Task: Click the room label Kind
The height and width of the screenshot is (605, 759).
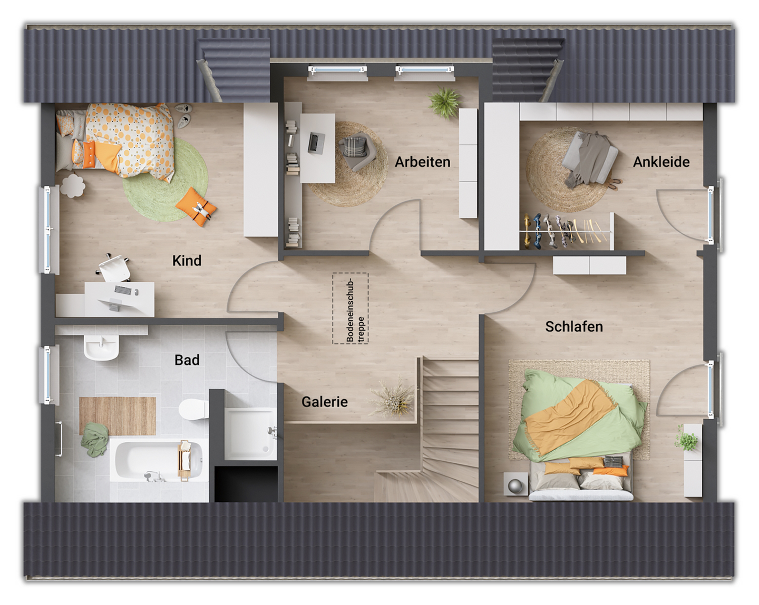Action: pyautogui.click(x=187, y=261)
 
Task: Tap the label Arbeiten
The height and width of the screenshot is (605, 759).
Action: pyautogui.click(x=422, y=162)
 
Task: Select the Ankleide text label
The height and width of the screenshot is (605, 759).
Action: pyautogui.click(x=661, y=162)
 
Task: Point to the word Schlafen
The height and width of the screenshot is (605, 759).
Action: pyautogui.click(x=573, y=326)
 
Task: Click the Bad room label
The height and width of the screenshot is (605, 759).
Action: pyautogui.click(x=187, y=360)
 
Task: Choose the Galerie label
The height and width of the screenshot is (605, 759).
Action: pyautogui.click(x=324, y=402)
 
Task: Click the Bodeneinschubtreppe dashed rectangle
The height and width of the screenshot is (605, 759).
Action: pyautogui.click(x=350, y=309)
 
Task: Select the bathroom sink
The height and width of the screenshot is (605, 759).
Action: pyautogui.click(x=102, y=347)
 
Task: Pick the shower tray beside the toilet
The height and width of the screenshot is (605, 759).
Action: pyautogui.click(x=250, y=433)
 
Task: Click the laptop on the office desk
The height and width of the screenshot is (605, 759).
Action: pyautogui.click(x=316, y=142)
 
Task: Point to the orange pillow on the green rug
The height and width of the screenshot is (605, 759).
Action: pyautogui.click(x=197, y=207)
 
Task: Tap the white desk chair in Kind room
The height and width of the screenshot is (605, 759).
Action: pyautogui.click(x=114, y=268)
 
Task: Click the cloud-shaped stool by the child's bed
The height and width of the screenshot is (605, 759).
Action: pyautogui.click(x=72, y=185)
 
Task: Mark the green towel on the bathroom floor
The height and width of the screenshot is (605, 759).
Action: pyautogui.click(x=94, y=439)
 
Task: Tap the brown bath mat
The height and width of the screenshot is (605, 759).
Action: pyautogui.click(x=118, y=415)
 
